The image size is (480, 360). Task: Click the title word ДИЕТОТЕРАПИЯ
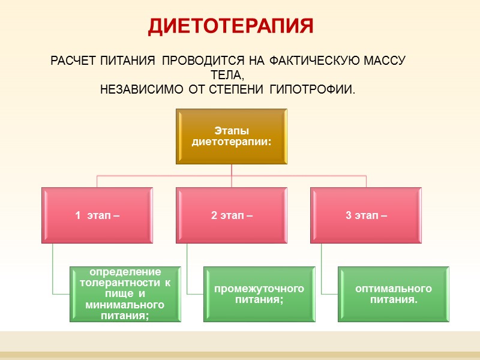(231, 26)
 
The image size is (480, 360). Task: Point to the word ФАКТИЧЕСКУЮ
(308, 61)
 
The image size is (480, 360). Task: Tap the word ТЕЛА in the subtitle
(226, 76)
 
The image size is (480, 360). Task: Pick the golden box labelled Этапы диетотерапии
(232, 136)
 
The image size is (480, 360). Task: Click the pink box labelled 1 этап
(97, 215)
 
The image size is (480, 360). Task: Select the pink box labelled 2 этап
(232, 215)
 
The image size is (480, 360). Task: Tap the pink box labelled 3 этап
(366, 215)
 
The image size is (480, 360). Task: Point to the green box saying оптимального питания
(393, 294)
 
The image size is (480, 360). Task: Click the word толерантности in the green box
(117, 283)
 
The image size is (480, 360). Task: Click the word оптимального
(393, 289)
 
